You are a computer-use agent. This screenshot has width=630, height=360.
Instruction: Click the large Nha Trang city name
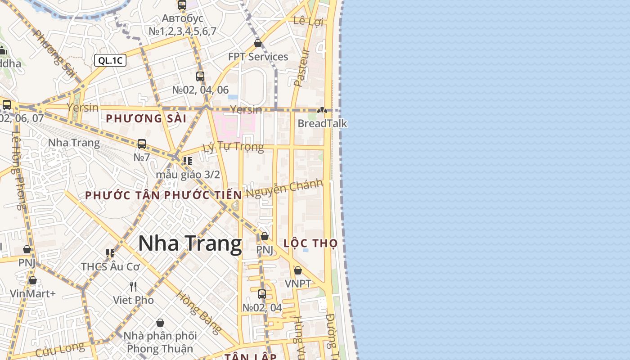190,244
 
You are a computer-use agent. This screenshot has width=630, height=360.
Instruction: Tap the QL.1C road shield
110,60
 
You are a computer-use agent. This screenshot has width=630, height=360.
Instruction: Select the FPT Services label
258,57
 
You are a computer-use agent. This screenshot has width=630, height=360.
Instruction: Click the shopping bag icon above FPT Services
258,44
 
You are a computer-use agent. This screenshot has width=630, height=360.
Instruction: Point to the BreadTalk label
322,123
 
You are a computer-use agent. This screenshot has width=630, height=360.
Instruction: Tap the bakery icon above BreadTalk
322,110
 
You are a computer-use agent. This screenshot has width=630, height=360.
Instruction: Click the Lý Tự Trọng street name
233,147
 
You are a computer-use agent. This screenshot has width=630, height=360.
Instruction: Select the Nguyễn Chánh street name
284,188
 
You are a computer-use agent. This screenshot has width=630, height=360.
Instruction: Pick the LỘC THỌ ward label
310,243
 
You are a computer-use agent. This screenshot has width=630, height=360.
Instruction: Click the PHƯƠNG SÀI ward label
146,118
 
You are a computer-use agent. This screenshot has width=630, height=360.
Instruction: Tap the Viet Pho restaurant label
133,300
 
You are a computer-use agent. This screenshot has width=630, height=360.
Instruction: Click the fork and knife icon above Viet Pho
133,286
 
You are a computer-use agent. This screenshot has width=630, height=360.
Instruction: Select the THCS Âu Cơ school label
111,266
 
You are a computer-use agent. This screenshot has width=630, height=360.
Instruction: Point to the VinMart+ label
33,294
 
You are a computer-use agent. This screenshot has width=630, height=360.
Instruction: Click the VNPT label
298,283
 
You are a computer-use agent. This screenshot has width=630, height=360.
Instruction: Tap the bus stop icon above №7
142,144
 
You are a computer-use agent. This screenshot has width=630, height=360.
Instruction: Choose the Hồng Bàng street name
198,312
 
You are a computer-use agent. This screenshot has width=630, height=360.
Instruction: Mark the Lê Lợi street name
308,21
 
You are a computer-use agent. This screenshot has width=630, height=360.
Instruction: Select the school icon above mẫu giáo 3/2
188,161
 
